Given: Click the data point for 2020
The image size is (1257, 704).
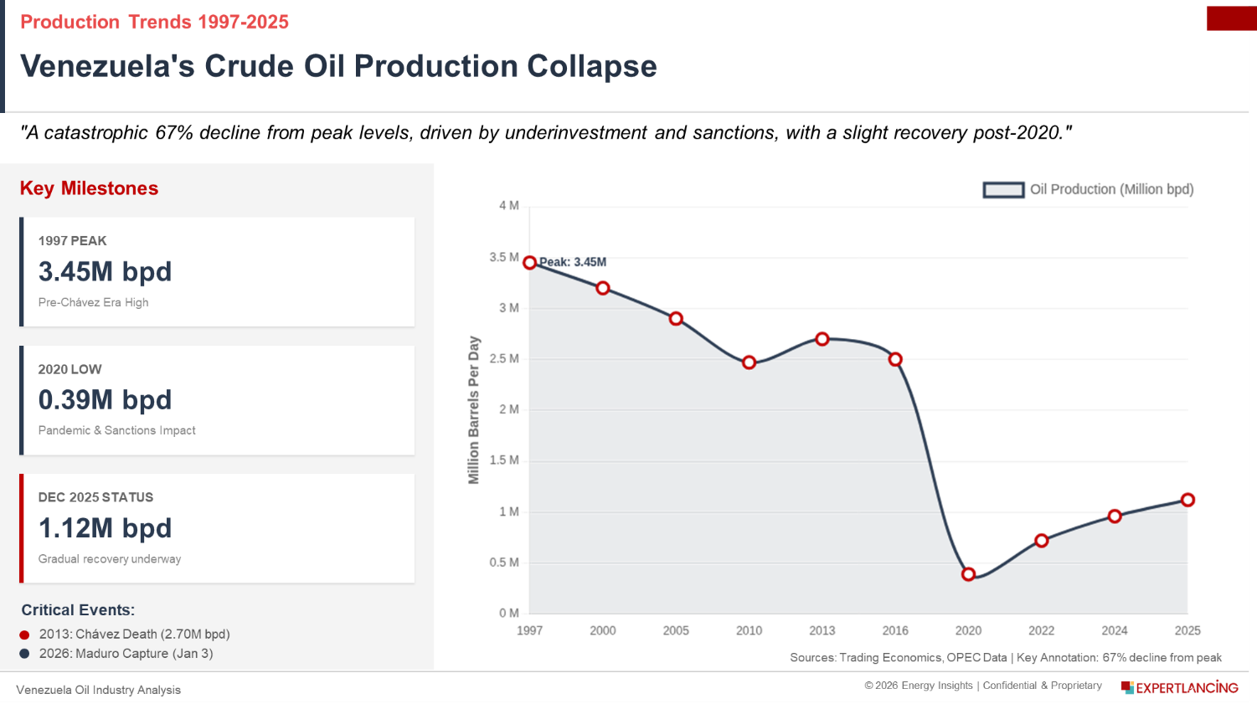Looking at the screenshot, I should point(968,574).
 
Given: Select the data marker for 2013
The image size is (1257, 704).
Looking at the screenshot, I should point(822,339).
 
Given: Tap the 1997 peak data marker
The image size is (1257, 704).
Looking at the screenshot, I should point(530,263).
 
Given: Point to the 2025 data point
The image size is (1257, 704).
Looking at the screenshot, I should point(1187,500).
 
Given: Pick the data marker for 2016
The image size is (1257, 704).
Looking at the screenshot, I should point(895,359).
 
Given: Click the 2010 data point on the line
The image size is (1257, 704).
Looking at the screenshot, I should point(750,362).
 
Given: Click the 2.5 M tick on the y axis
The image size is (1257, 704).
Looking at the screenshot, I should point(504,358).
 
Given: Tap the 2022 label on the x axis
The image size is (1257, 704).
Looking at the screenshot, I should point(1041,630).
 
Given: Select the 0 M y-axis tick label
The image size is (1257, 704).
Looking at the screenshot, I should point(508,613).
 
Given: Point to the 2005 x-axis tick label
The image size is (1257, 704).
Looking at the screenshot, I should point(676,630).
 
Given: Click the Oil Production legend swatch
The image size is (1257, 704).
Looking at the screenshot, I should point(1003,190).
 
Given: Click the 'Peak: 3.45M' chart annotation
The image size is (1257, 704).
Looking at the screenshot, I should point(573,262).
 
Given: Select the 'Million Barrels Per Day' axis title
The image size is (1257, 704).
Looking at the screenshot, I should point(474,409).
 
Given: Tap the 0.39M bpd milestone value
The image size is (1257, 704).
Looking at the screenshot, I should point(106,400).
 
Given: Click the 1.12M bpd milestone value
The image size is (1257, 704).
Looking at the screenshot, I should point(106,528).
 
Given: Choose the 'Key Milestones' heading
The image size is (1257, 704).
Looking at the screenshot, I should point(90,188).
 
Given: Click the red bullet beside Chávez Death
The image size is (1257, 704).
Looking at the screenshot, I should point(25,635).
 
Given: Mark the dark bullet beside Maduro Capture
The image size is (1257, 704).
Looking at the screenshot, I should point(25,654).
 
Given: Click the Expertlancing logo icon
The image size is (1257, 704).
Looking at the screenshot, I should point(1127,687).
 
